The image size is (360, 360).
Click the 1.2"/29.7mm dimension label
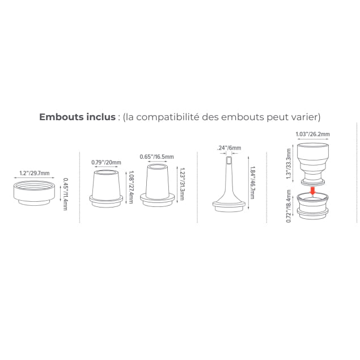click(x=35, y=173)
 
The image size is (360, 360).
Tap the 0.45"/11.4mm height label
click(x=65, y=194)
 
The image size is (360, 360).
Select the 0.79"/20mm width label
click(x=107, y=162)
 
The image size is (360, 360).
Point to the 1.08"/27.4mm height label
click(x=132, y=187)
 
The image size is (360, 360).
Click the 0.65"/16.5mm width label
click(x=157, y=156)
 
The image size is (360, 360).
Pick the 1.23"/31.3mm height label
click(x=182, y=184)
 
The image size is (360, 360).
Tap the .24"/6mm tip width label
click(x=229, y=147)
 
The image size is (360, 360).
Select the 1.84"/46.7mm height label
click(x=252, y=183)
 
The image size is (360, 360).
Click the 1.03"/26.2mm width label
click(x=312, y=134)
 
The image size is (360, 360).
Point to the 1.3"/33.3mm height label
click(x=289, y=163)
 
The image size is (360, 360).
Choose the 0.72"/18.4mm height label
click(x=289, y=206)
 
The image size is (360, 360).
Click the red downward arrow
click(x=312, y=190)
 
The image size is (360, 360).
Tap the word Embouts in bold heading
click(x=62, y=117)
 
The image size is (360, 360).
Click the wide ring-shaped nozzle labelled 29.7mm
click(x=34, y=193)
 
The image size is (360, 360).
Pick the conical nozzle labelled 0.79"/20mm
click(x=106, y=189)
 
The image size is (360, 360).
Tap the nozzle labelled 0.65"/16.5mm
click(x=157, y=185)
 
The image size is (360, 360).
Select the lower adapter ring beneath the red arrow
click(x=312, y=206)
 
